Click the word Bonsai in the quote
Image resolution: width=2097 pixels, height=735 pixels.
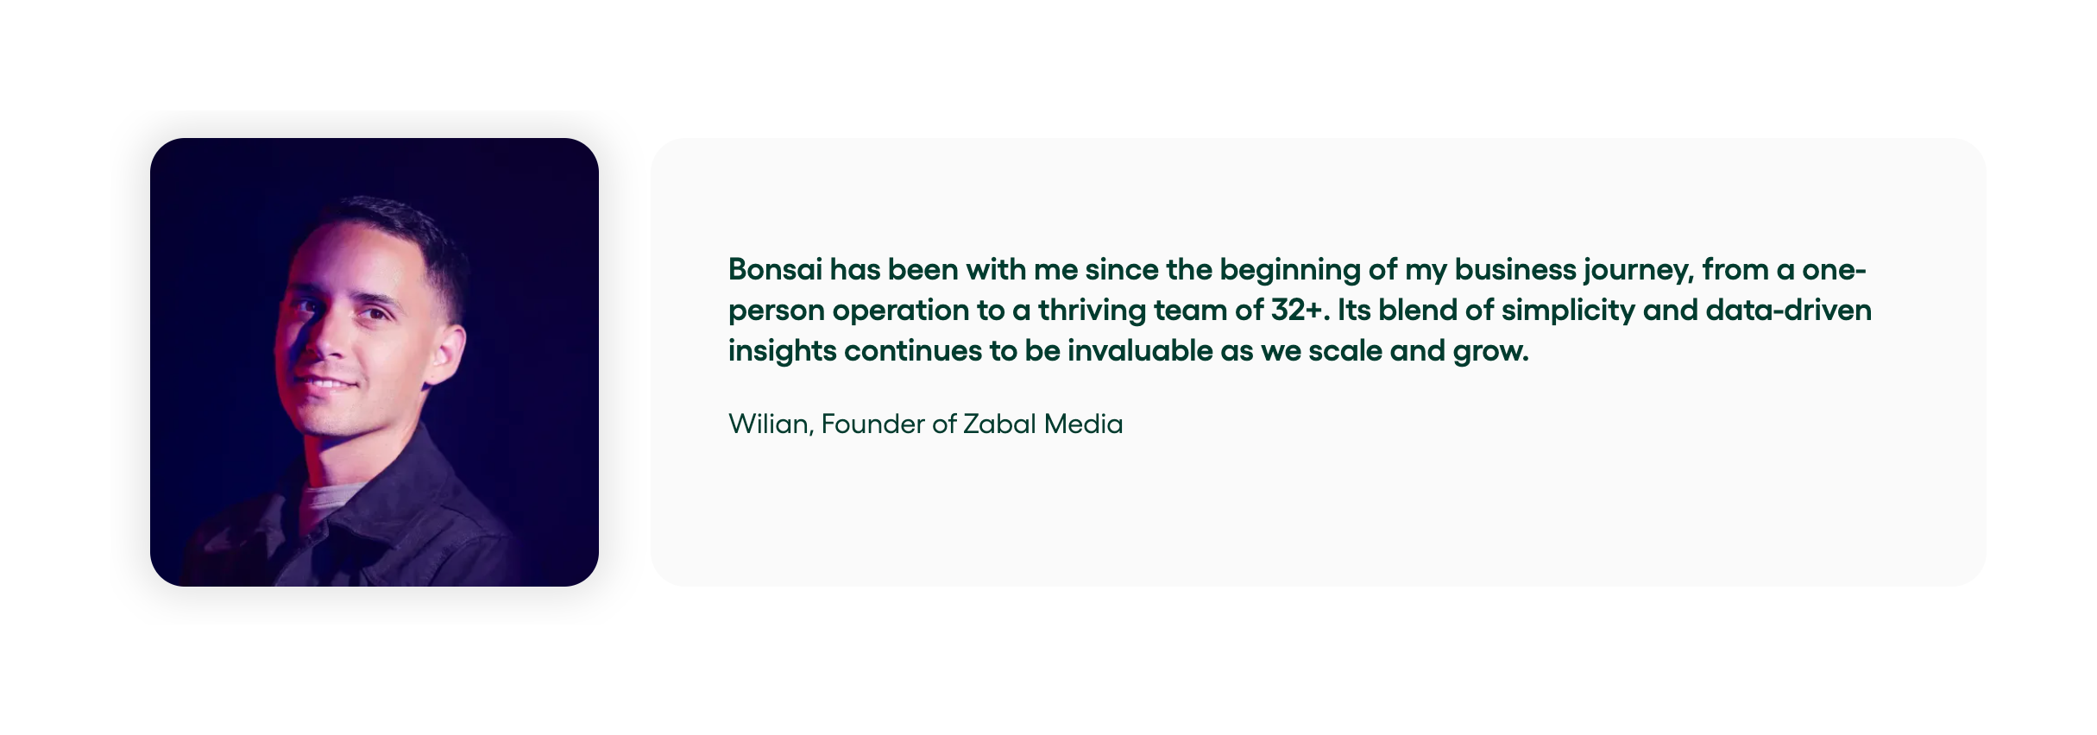point(775,269)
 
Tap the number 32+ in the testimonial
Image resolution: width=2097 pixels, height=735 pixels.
point(1296,310)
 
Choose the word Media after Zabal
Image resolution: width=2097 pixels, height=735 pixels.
point(1083,424)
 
